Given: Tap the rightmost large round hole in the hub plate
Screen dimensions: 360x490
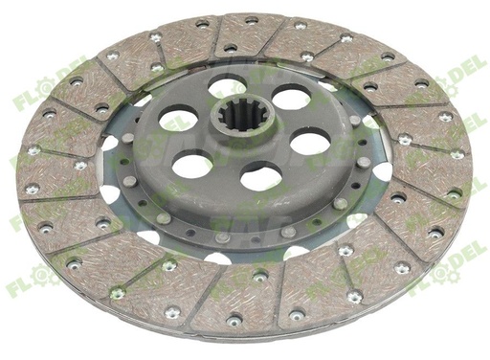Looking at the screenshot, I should (309, 142).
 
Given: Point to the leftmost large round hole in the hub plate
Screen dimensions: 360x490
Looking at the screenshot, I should (178, 119).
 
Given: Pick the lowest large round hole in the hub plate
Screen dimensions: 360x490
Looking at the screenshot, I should (260, 175).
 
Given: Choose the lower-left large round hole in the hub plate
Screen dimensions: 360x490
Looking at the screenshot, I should (192, 164).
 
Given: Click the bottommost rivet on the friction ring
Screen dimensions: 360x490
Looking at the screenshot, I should (234, 320).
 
